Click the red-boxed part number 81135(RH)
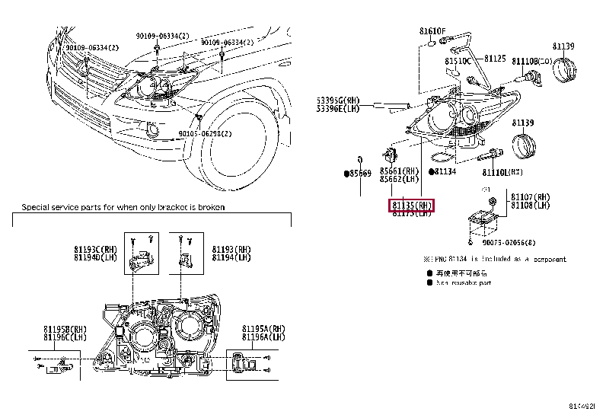tap(412, 206)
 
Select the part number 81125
tap(496, 58)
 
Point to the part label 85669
tap(359, 174)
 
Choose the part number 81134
tap(445, 172)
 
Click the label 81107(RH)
tap(531, 196)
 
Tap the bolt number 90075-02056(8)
tap(509, 243)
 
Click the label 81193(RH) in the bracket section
tap(231, 249)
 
